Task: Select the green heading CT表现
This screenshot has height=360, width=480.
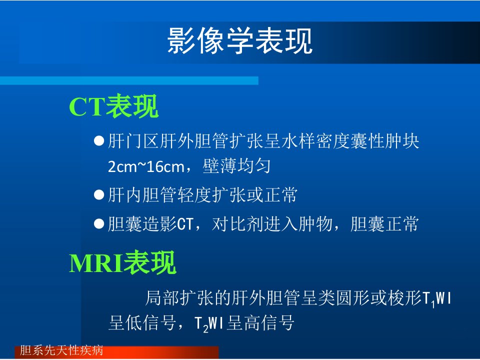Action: (x=113, y=106)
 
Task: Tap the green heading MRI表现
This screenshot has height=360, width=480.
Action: (x=122, y=262)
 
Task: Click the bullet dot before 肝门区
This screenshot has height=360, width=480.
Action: (x=99, y=141)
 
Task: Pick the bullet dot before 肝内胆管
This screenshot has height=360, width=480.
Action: (x=99, y=194)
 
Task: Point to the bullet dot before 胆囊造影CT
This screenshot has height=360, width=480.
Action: (x=99, y=223)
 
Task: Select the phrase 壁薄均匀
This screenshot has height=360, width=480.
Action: (x=236, y=166)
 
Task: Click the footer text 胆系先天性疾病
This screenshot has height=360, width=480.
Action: (x=61, y=350)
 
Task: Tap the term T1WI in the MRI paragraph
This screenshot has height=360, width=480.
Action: (x=437, y=299)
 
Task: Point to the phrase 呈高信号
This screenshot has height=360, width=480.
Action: (x=260, y=322)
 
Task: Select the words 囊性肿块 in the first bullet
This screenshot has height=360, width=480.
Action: (x=385, y=141)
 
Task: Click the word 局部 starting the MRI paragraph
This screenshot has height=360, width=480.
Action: (x=162, y=298)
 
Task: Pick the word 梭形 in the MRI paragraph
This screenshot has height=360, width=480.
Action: (x=404, y=298)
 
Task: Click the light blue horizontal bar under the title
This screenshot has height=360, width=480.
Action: (x=129, y=80)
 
